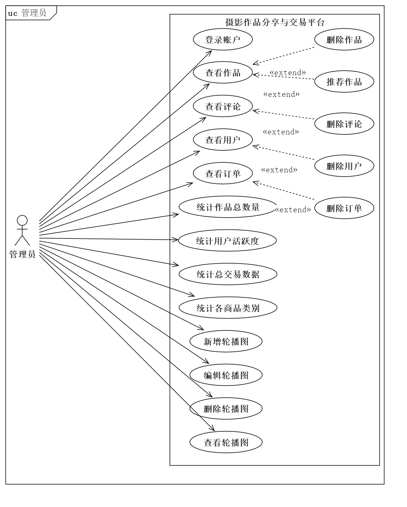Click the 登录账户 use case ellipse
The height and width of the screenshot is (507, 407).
[223, 40]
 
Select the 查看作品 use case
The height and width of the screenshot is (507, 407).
[223, 73]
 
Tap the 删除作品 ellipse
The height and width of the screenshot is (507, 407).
[344, 40]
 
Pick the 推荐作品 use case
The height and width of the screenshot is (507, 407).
[344, 82]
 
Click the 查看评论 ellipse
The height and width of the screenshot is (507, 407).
[223, 107]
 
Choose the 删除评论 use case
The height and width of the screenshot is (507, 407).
[344, 124]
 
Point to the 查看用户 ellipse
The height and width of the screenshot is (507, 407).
[223, 140]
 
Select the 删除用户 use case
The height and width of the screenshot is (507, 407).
[344, 166]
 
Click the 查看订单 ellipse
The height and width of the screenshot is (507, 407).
[223, 174]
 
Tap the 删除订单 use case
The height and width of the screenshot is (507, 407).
[344, 208]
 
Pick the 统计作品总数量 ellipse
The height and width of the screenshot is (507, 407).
[228, 207]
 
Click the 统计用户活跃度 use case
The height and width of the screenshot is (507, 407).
[228, 241]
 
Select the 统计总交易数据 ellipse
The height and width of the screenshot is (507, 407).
[228, 274]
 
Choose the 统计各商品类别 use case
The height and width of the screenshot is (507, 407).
[228, 308]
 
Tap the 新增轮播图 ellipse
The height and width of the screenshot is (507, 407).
[226, 341]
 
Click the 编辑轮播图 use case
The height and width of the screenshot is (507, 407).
[226, 375]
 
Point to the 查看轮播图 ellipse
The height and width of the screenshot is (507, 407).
[226, 442]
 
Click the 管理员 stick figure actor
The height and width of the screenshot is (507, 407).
[22, 230]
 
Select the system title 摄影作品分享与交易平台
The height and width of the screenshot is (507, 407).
[275, 22]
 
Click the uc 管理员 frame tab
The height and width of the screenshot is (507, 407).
[28, 13]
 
